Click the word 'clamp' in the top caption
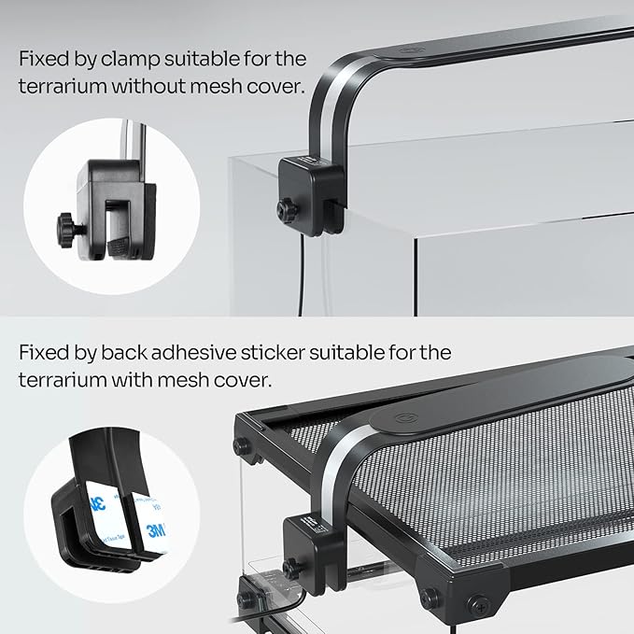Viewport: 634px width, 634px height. tap(130, 60)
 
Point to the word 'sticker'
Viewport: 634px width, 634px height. tap(272, 353)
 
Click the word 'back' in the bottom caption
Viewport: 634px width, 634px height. tap(123, 353)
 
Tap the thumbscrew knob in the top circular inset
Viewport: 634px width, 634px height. tap(68, 230)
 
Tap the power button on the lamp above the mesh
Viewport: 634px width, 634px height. tap(405, 418)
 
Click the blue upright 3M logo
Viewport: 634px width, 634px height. tap(156, 529)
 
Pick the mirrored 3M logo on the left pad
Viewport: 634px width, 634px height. tap(98, 501)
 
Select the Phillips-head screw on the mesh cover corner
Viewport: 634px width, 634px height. tap(478, 605)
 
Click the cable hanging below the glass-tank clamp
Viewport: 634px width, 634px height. tap(300, 275)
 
